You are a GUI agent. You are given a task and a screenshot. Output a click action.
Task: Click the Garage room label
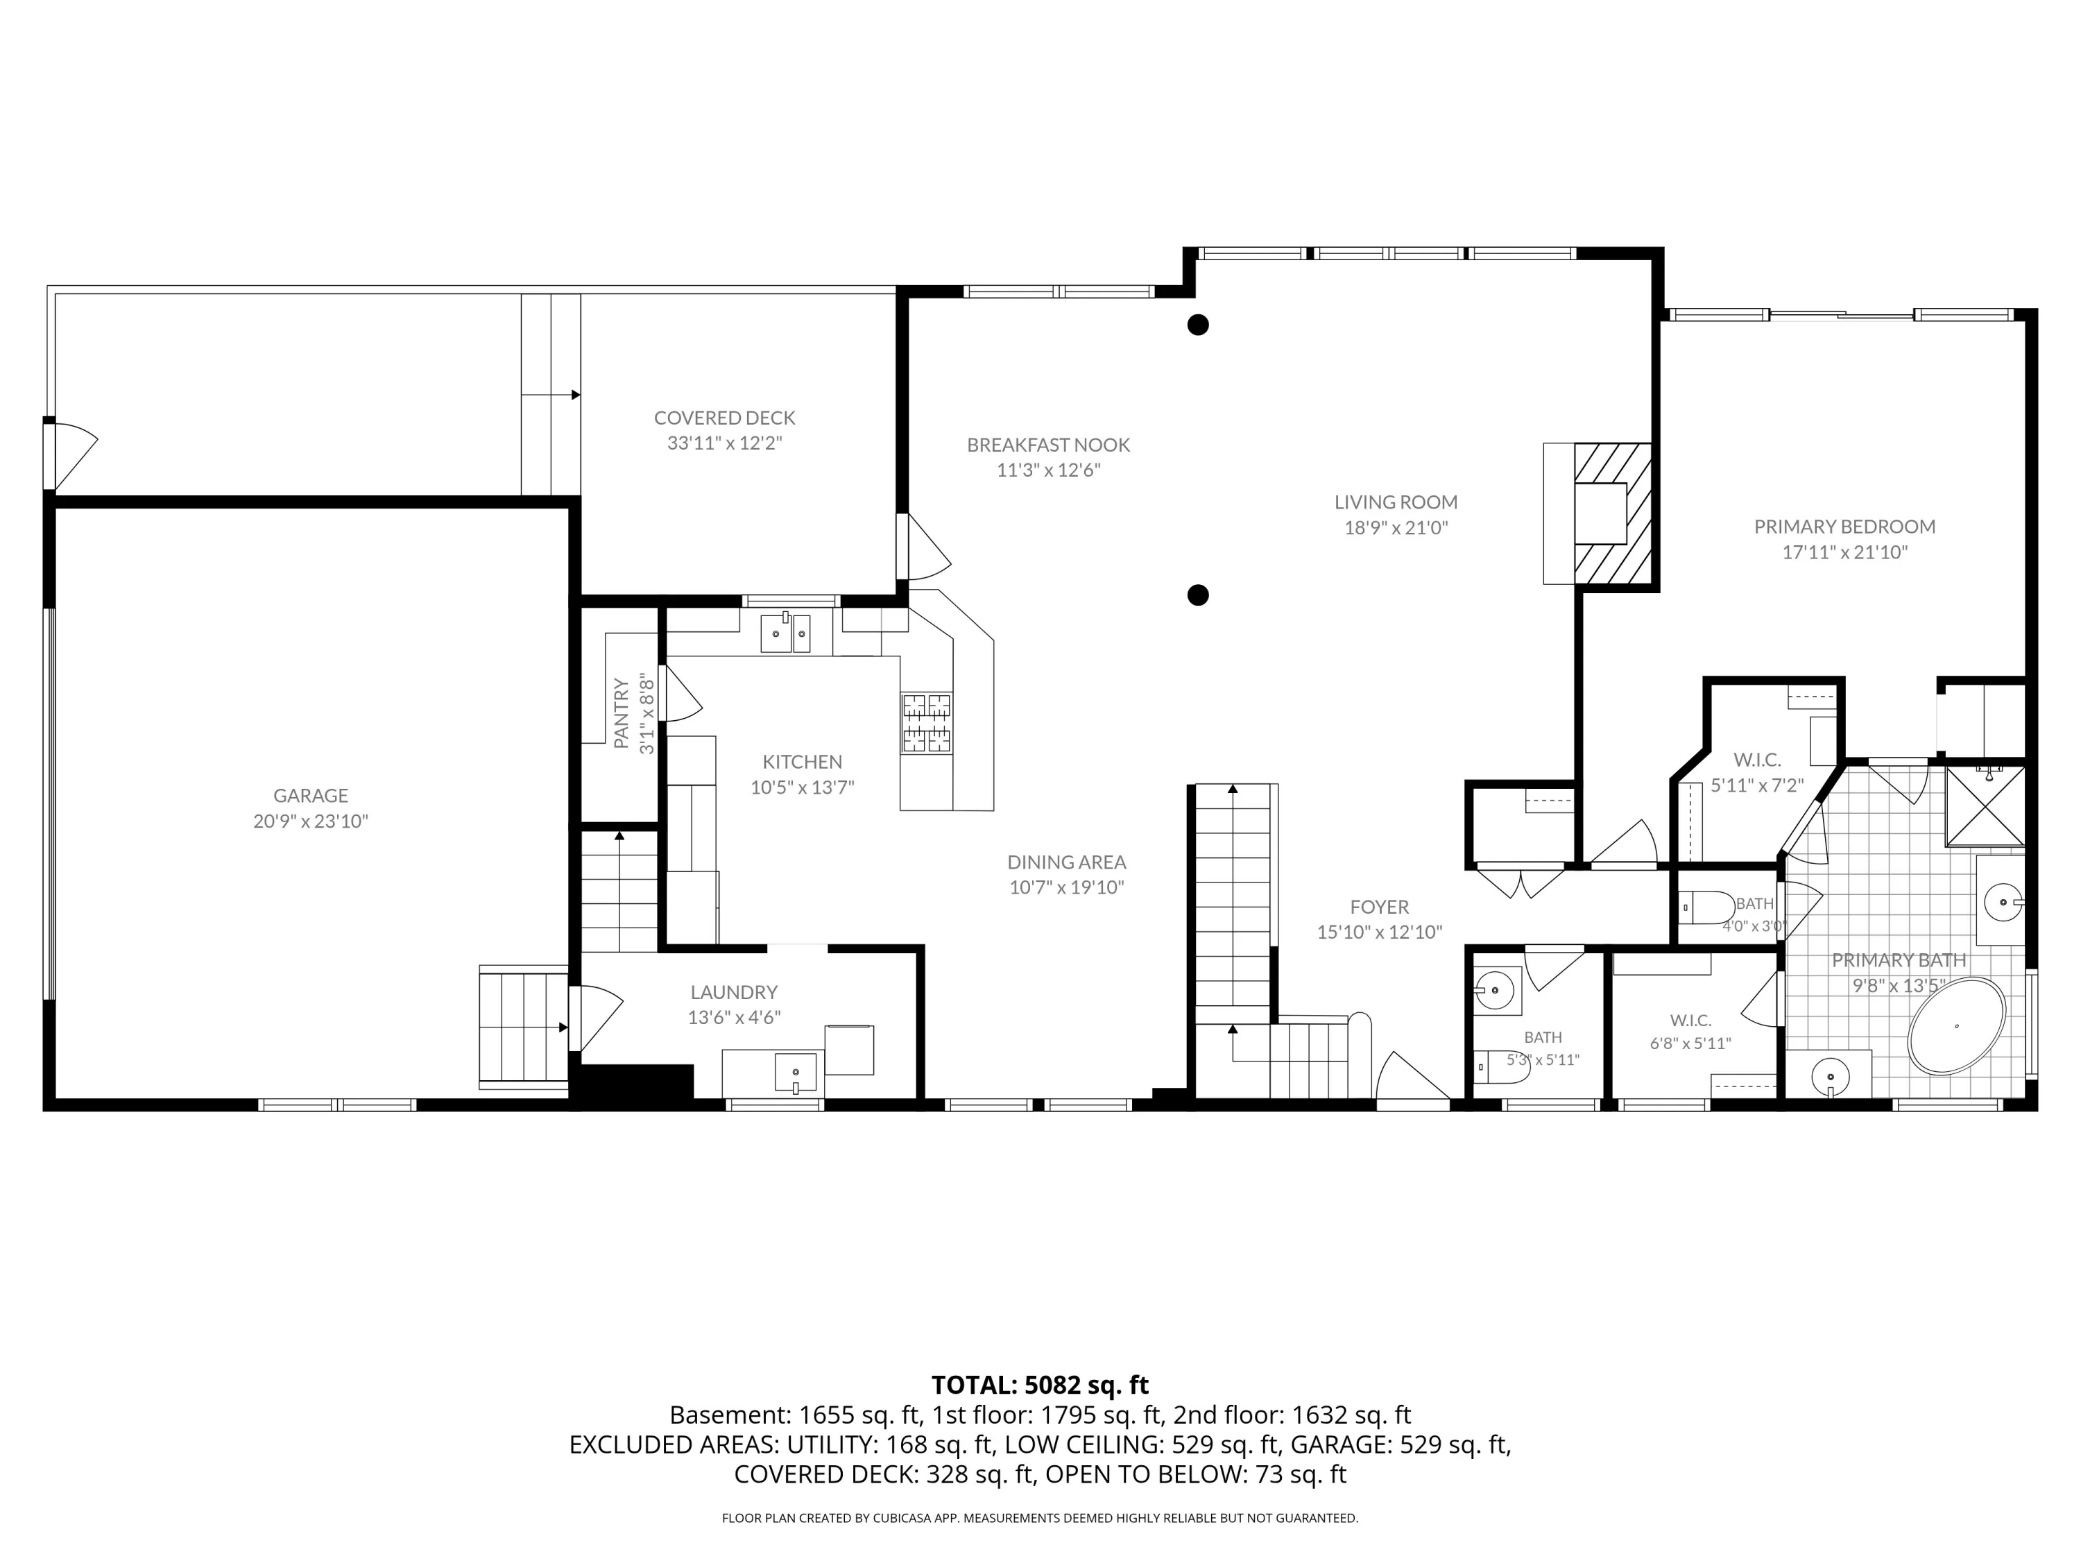point(311,796)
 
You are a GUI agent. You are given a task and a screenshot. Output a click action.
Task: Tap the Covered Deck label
point(724,418)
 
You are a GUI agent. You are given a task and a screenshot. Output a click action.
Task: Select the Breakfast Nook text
point(1048,445)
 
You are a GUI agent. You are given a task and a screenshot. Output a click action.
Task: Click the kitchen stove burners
point(927,723)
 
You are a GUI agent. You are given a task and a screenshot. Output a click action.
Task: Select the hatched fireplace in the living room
point(1613,514)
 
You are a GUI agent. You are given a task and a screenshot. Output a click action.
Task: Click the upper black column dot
point(1197,325)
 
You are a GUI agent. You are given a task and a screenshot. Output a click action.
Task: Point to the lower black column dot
point(1197,595)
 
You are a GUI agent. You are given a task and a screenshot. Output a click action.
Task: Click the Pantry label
point(621,713)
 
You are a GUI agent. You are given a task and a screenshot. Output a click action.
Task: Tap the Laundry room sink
point(796,1073)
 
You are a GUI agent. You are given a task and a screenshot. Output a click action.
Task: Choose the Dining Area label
point(1067,862)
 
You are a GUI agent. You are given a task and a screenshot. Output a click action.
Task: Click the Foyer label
point(1379,907)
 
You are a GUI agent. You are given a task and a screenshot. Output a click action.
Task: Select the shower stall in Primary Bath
point(1984,806)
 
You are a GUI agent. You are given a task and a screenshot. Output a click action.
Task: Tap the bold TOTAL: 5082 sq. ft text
point(1040,1385)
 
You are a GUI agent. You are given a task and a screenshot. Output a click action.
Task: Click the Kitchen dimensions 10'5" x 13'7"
point(803,787)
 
